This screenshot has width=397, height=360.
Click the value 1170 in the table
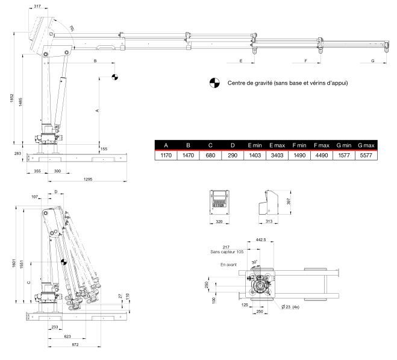click(x=164, y=155)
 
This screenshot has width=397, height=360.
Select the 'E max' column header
click(x=277, y=145)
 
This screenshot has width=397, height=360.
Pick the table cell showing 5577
click(x=366, y=155)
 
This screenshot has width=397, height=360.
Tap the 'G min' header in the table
click(x=343, y=145)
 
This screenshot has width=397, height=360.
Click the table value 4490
click(x=321, y=155)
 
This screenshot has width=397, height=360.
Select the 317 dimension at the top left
click(x=39, y=7)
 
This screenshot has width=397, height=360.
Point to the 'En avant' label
click(x=228, y=264)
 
